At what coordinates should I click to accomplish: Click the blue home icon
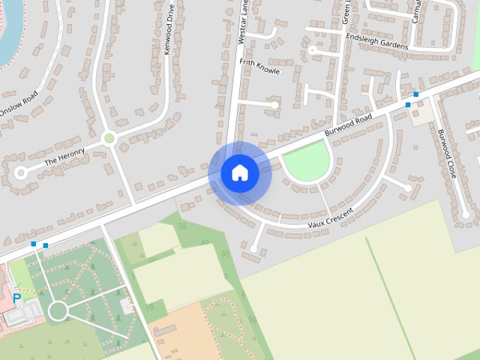click(239, 172)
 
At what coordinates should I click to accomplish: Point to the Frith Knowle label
click(259, 66)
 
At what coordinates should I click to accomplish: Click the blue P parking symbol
click(16, 299)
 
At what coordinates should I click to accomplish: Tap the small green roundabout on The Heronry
click(109, 138)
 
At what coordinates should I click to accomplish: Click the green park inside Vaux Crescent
click(307, 160)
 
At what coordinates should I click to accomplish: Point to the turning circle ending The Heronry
click(20, 172)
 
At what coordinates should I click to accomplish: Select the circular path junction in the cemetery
click(58, 310)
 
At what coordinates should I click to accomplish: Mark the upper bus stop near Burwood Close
click(415, 94)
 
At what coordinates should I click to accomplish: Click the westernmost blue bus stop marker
click(34, 244)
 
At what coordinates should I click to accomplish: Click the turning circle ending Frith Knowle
click(275, 105)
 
